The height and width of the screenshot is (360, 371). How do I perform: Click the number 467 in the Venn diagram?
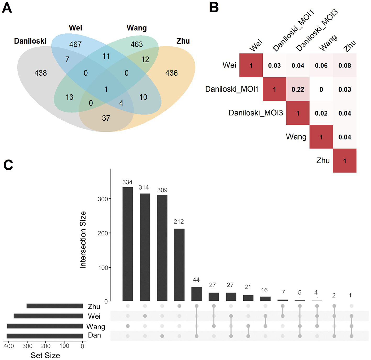tap(75, 44)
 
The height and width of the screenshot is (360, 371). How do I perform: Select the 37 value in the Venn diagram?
tap(106, 118)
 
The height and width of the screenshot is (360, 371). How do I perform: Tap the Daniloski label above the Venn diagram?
tap(30, 41)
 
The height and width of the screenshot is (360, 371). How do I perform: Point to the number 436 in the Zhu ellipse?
tap(171, 73)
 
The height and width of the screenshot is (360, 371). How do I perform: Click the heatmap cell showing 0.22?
tap(298, 89)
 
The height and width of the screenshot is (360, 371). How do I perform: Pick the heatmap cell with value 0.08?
tap(345, 65)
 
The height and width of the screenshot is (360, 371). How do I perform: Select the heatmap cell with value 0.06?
tap(321, 65)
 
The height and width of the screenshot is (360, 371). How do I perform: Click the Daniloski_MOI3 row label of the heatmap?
tap(256, 113)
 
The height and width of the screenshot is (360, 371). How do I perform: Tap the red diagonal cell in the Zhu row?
tap(345, 161)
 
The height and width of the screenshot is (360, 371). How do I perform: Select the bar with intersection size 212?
tap(179, 265)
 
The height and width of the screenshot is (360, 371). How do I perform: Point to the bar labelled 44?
tap(196, 294)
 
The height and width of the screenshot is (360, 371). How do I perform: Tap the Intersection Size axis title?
tap(83, 240)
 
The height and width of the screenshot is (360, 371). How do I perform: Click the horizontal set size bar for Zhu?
tap(55, 306)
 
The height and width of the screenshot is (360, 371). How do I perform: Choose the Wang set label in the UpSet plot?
tap(95, 326)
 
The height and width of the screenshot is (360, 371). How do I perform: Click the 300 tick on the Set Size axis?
tap(27, 346)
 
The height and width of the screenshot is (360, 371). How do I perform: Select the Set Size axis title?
tap(45, 355)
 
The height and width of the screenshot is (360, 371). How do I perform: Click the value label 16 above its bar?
tap(264, 290)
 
